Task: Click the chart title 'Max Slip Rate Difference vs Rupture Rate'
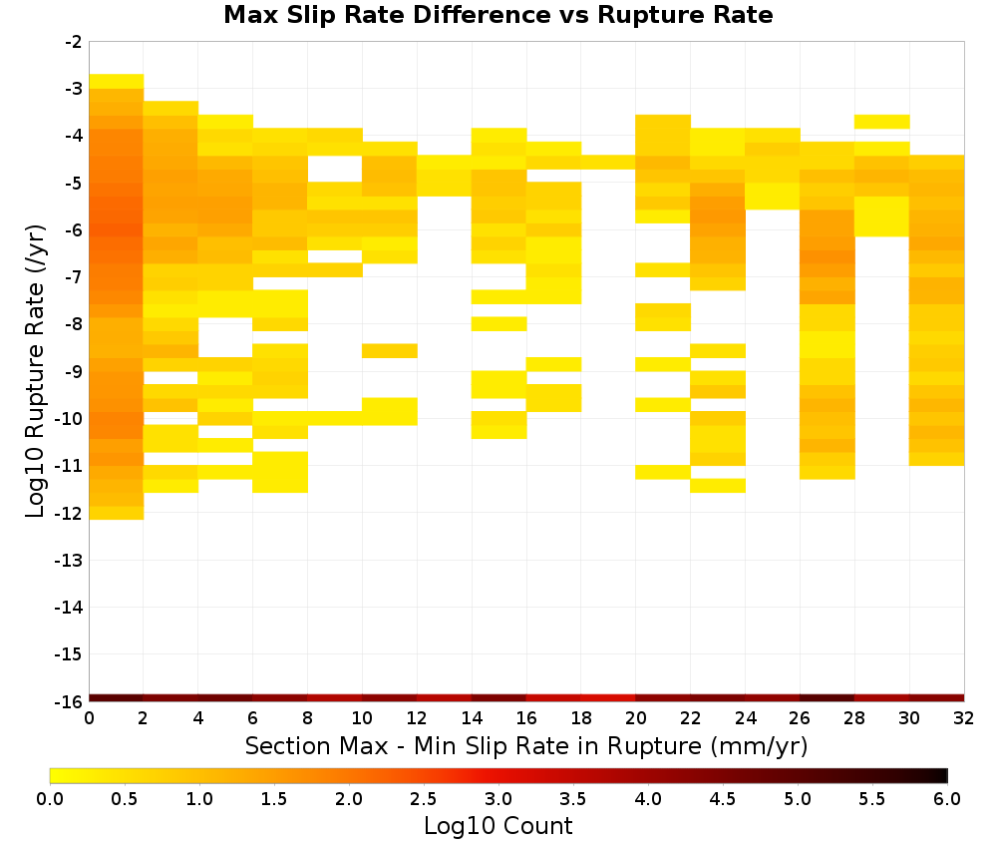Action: point(498,15)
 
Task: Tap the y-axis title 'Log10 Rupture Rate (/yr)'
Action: point(35,371)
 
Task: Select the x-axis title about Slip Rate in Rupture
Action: point(526,745)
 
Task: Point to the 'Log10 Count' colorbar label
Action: point(498,826)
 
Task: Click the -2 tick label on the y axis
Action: point(74,42)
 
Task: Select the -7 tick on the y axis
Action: point(74,277)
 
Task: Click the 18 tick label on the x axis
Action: point(581,719)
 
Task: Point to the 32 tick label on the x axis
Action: point(964,719)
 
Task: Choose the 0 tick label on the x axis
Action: point(89,719)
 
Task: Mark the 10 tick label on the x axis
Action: point(363,719)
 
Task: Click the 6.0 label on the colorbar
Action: point(947,798)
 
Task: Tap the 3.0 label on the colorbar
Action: point(498,798)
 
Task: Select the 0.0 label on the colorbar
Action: point(50,798)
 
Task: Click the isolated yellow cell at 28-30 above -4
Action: point(882,122)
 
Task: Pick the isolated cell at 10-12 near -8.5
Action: point(390,350)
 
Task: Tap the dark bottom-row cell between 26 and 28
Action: point(828,698)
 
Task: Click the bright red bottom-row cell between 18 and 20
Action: point(608,698)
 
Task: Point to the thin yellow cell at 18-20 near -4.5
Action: point(608,163)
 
